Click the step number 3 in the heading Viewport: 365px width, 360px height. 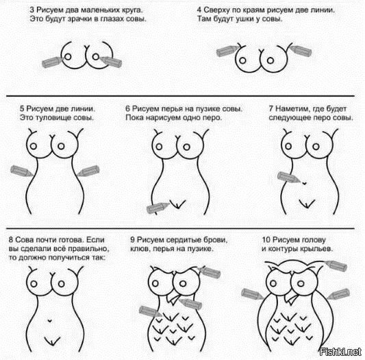pos(32,10)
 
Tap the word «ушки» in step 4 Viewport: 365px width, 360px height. pos(245,19)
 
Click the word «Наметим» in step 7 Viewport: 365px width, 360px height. pos(292,109)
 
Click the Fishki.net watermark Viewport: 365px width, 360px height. pos(340,352)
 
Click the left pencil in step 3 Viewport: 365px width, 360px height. pos(52,62)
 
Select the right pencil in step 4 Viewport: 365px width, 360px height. pos(300,51)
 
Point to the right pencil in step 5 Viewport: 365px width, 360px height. pos(88,171)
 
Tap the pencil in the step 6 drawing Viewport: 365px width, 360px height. pos(158,208)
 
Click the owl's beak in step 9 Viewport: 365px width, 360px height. pos(173,299)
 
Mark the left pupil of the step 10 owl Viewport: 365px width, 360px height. pos(273,283)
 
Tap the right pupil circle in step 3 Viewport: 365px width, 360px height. pos(95,57)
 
